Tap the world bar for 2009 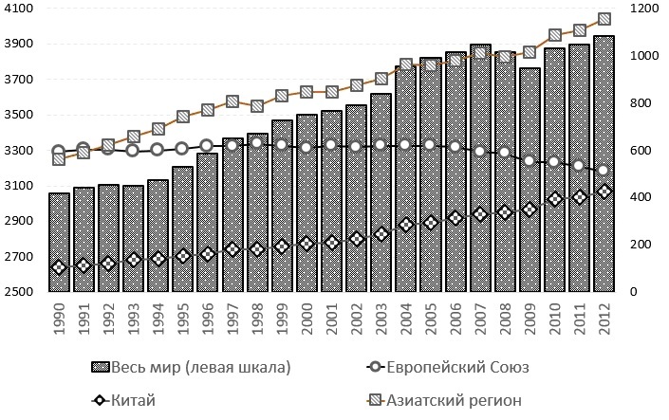tap(530, 180)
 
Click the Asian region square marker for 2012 tap(604, 18)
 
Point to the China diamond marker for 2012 tap(604, 192)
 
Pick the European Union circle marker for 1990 tap(59, 152)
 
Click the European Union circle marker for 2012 tap(604, 171)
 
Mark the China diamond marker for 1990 tap(59, 267)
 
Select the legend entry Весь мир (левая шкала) tap(190, 367)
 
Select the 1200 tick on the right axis tap(648, 9)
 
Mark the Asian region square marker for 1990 tap(59, 158)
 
